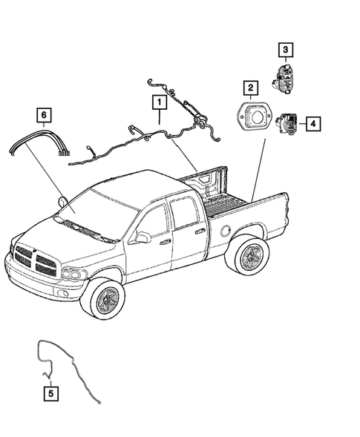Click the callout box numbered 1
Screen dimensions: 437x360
point(158,99)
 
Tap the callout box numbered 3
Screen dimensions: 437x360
point(285,50)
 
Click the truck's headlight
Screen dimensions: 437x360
point(72,275)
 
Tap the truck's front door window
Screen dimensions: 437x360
point(154,222)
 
